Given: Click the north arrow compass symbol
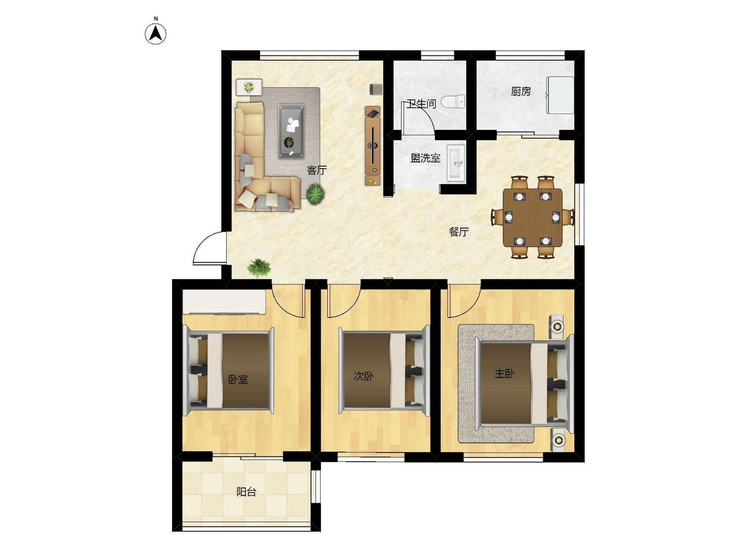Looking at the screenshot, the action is coord(156,34).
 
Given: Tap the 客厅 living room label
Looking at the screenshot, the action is coord(316,170).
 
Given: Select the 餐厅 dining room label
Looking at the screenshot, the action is coord(459,232).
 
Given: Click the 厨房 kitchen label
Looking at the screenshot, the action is coord(521,92).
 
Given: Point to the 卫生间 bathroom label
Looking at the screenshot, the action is coord(422,104).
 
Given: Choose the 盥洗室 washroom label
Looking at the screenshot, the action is coord(426,158).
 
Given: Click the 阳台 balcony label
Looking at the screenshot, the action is coord(246,492).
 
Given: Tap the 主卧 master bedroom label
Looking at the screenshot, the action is coord(504,373).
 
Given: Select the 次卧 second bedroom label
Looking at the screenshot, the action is coord(364,376).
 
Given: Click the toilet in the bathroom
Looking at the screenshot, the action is coord(453,102).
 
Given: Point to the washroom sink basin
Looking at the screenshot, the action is coord(456,163).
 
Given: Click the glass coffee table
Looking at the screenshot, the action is coord(291,131).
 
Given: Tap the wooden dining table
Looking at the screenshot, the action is coord(533,217).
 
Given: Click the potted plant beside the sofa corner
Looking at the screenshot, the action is coord(315,194).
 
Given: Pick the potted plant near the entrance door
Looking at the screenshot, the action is coord(259,268).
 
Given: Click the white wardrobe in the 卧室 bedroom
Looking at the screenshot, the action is coord(224,302).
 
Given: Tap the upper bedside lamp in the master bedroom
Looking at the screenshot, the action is coord(557,326).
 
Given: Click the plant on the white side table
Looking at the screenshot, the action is coord(249,87).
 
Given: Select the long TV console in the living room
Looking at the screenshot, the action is coord(373,146).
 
